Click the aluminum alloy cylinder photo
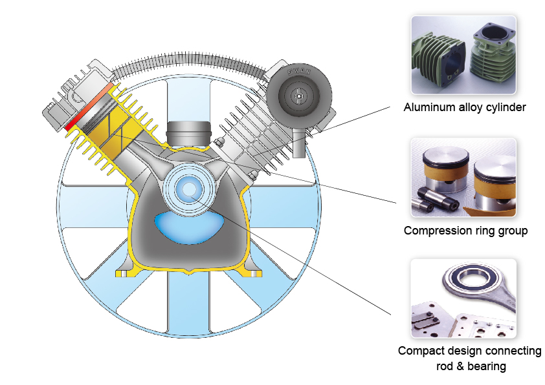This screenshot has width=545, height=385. click(463, 56)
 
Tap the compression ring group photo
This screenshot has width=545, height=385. click(463, 177)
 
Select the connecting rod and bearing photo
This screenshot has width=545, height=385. click(463, 298)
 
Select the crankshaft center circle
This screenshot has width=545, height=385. click(190, 189)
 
